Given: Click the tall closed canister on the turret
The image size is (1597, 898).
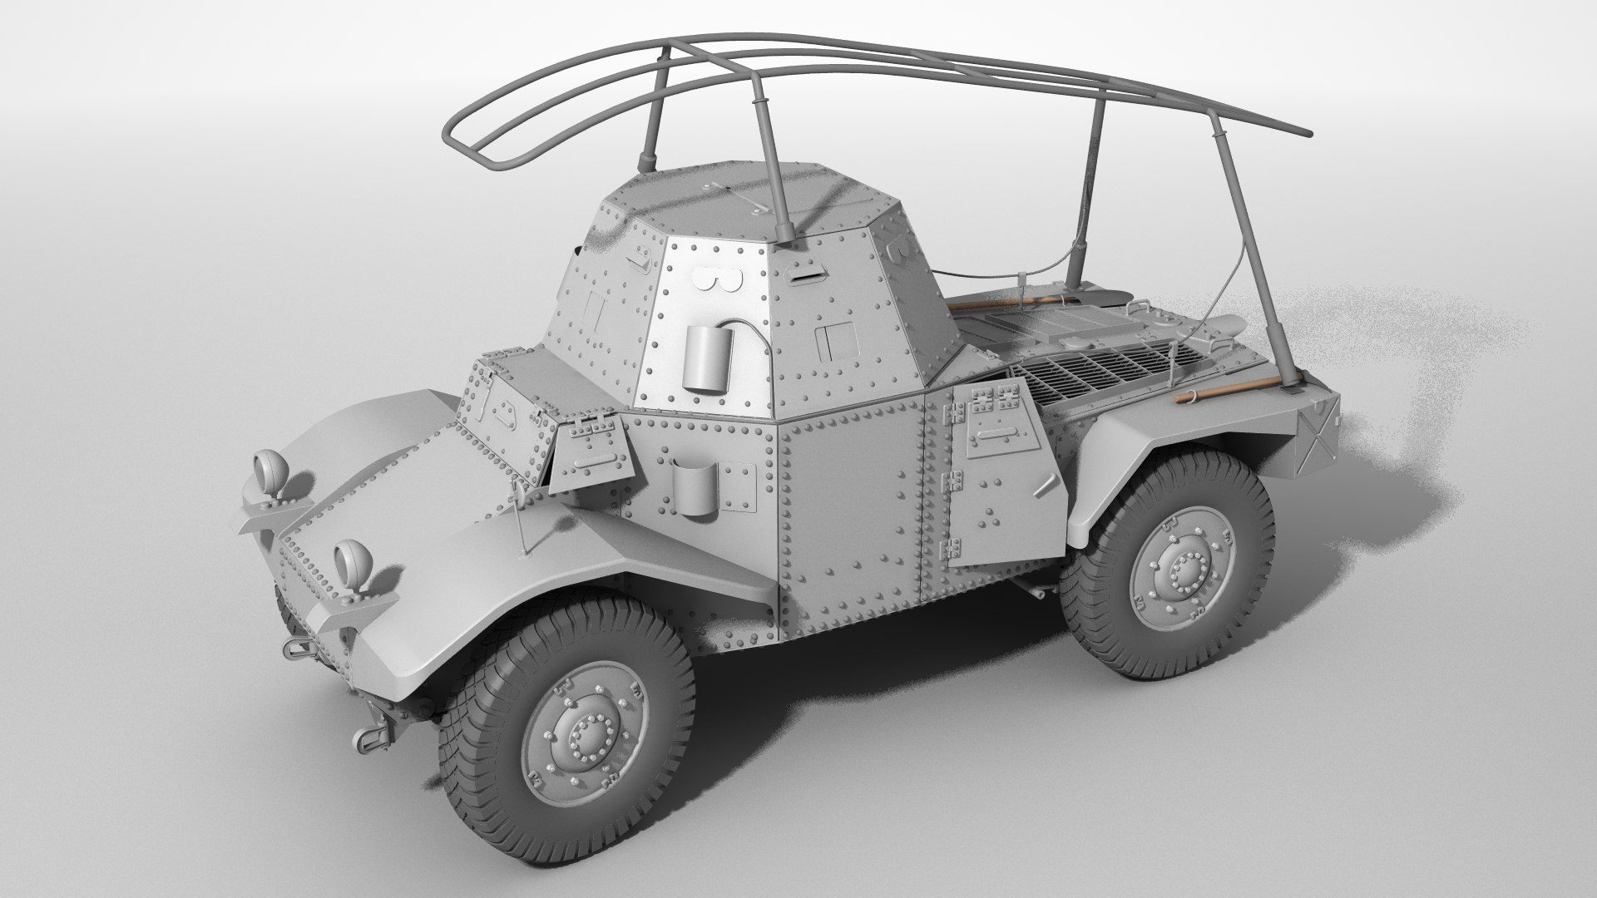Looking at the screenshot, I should coord(707,358).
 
